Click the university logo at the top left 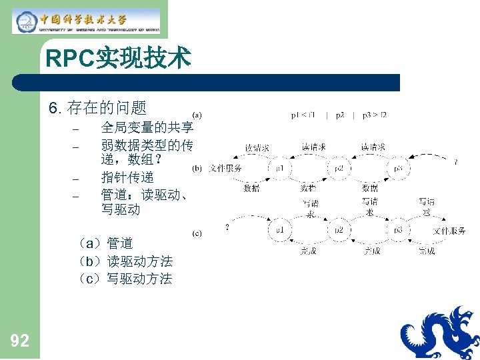tap(87, 21)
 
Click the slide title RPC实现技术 tap(118, 59)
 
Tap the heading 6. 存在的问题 tap(98, 107)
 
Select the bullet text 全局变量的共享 tap(147, 127)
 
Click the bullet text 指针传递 tap(127, 177)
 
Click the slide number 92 tap(20, 341)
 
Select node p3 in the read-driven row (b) tap(398, 169)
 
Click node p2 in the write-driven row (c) tap(339, 230)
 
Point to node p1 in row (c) tap(280, 230)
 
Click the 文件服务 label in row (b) tap(225, 169)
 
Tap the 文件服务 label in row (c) tap(449, 231)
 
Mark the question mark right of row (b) tap(455, 162)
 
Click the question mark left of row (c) tap(228, 227)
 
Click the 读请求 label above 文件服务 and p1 tap(257, 148)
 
